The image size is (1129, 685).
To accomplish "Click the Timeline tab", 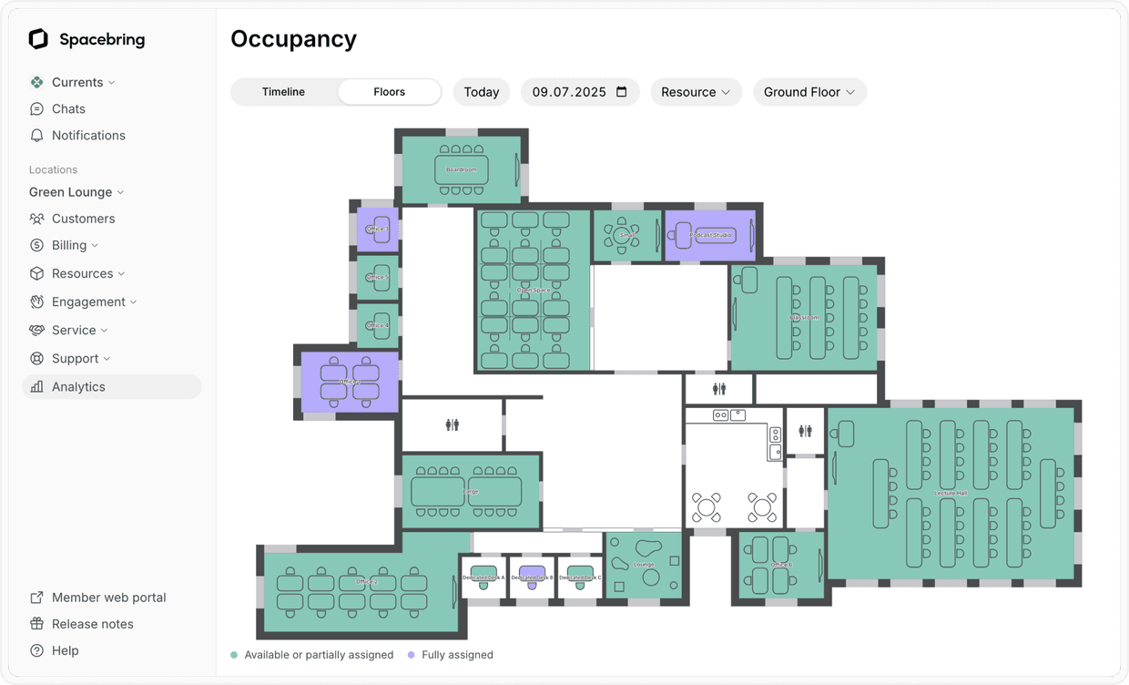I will pos(283,92).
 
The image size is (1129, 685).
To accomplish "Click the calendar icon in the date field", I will pos(622,92).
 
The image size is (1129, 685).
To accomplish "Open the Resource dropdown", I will pos(696,92).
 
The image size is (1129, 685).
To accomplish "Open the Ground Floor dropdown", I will pos(809,92).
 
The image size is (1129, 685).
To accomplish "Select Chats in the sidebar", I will pos(68,108).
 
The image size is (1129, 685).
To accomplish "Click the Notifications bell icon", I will pos(36,135).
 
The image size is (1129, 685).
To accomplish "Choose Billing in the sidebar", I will pos(69,245).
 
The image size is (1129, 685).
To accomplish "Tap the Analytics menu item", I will pos(78,386).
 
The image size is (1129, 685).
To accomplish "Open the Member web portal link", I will pos(108,598).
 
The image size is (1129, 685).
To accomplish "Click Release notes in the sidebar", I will pos(92,624).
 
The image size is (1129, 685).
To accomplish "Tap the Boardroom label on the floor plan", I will pos(462,169).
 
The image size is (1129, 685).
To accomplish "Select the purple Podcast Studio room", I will pos(710,235).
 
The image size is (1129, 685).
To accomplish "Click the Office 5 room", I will pos(377,277).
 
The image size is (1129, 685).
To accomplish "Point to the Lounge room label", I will pos(644,565).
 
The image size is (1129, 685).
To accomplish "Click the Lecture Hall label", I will pos(951,493).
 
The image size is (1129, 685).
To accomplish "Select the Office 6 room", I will pos(780,565).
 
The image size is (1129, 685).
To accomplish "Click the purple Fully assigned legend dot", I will pos(412,655).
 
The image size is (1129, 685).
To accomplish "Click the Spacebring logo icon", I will pos(38,38).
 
